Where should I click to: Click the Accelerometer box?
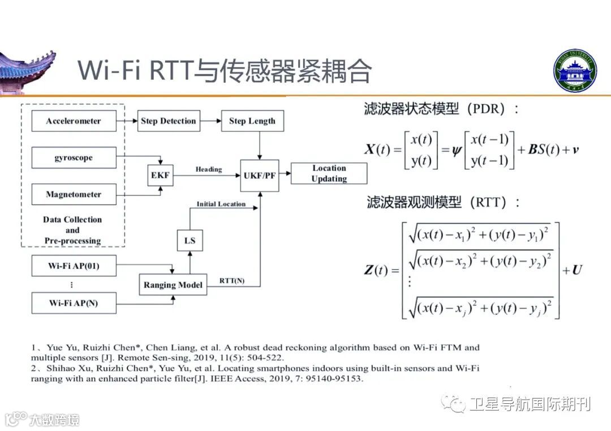click(x=74, y=121)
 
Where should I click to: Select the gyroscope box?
click(x=74, y=157)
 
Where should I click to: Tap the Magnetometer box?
click(x=74, y=194)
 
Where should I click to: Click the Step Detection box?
click(x=169, y=121)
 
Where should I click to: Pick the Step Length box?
click(x=252, y=121)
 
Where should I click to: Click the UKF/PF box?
click(x=260, y=175)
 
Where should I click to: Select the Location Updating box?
click(x=329, y=173)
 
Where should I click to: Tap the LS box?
click(x=190, y=241)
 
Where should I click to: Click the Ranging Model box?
click(x=173, y=285)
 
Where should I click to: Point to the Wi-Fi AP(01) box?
click(x=74, y=266)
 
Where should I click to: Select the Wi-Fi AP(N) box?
click(x=74, y=303)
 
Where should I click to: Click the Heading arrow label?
click(x=209, y=169)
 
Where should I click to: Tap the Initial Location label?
click(x=221, y=204)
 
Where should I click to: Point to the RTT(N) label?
click(x=232, y=280)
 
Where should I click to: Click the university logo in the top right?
click(x=575, y=70)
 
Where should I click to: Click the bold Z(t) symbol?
click(x=376, y=270)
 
